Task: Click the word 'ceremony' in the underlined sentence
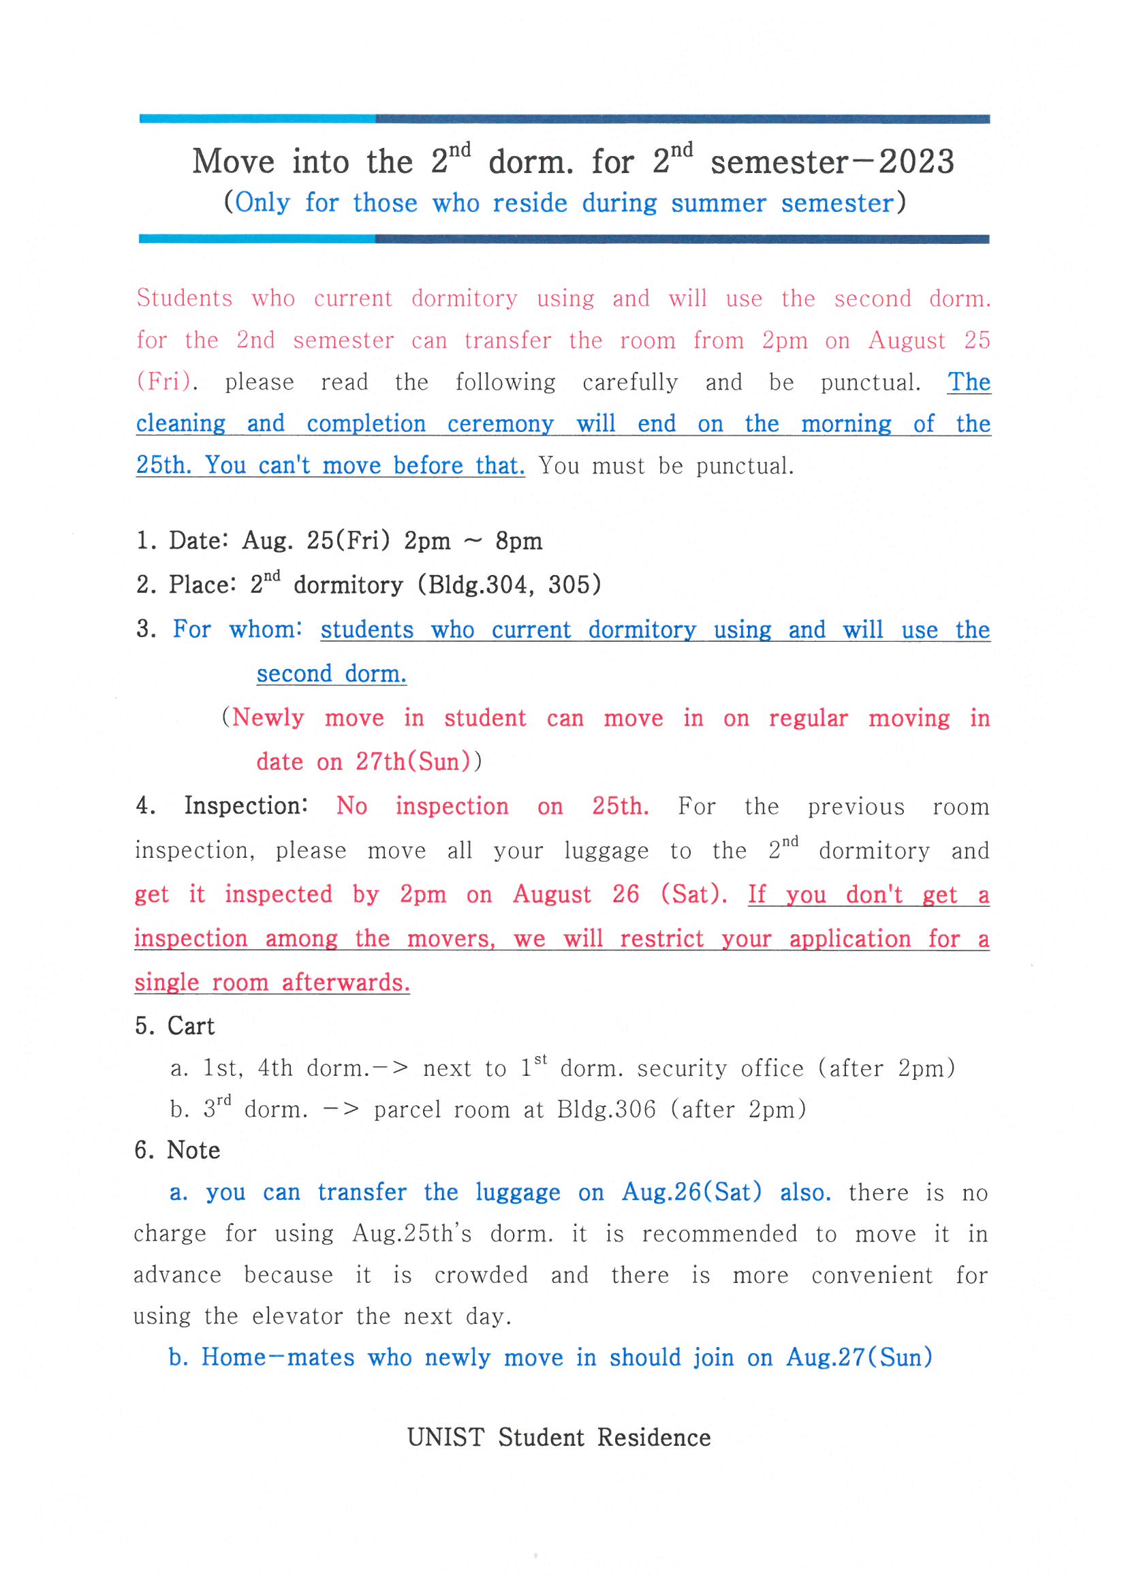(x=500, y=424)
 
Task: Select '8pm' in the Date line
(x=518, y=541)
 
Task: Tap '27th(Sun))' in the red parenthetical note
(x=418, y=762)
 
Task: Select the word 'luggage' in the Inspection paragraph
(x=606, y=850)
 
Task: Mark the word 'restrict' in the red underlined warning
(x=662, y=939)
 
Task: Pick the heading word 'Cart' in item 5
(x=191, y=1026)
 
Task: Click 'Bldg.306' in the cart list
(x=606, y=1109)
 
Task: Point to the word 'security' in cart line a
(x=681, y=1068)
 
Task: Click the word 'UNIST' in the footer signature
(x=445, y=1438)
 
